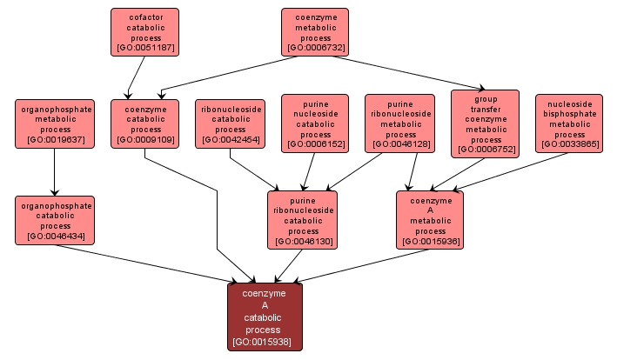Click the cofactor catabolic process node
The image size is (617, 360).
pos(144,32)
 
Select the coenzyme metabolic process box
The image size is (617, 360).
pos(315,32)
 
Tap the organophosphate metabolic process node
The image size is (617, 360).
pos(55,123)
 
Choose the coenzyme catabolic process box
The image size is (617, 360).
pos(144,123)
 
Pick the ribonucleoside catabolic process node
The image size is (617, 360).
pos(230,123)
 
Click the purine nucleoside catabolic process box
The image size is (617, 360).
pos(315,123)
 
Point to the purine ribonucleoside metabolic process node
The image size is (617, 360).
pos(400,123)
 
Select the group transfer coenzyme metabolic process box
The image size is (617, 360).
pos(486,123)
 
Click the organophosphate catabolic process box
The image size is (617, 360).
pos(55,220)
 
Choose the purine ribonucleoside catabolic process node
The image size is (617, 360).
pos(303,219)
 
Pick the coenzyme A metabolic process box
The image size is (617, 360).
pos(430,219)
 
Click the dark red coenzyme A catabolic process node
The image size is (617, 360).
pos(265,317)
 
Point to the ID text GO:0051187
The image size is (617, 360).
pos(144,49)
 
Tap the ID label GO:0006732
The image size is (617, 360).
pos(315,49)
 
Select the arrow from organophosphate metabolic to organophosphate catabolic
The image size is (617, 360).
pos(55,171)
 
